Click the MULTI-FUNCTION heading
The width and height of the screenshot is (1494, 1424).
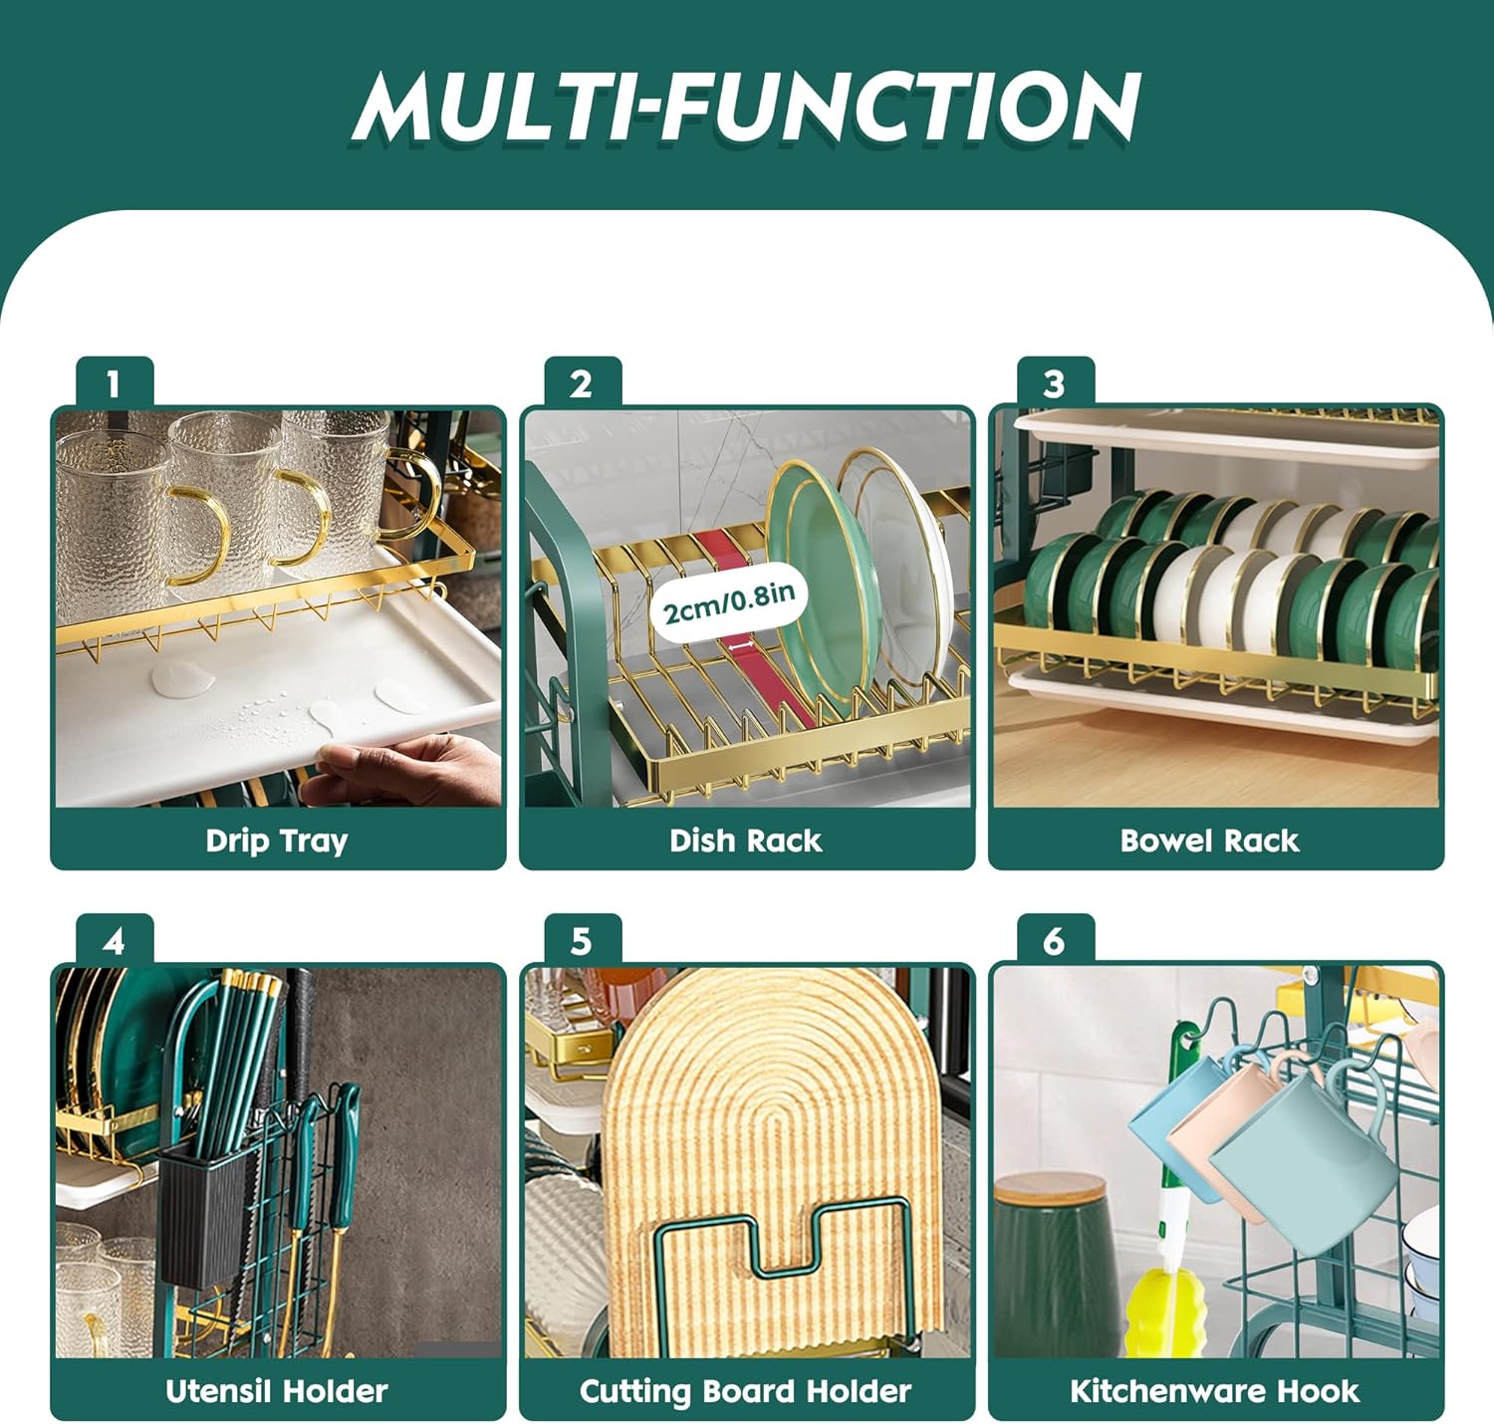tap(746, 107)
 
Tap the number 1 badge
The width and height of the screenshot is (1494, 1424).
tap(115, 383)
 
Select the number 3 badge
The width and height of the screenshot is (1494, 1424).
tap(1056, 383)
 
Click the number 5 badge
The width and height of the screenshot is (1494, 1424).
tap(583, 941)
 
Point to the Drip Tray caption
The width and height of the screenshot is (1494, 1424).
tap(277, 841)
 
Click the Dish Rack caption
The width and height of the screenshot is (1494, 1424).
tap(745, 840)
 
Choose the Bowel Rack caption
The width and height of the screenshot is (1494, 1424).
tap(1209, 840)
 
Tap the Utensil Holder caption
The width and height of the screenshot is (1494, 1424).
tap(277, 1391)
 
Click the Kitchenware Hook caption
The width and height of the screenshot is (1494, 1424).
tap(1214, 1391)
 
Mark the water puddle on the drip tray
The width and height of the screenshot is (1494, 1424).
tap(182, 678)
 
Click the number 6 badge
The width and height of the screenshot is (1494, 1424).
tap(1056, 941)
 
